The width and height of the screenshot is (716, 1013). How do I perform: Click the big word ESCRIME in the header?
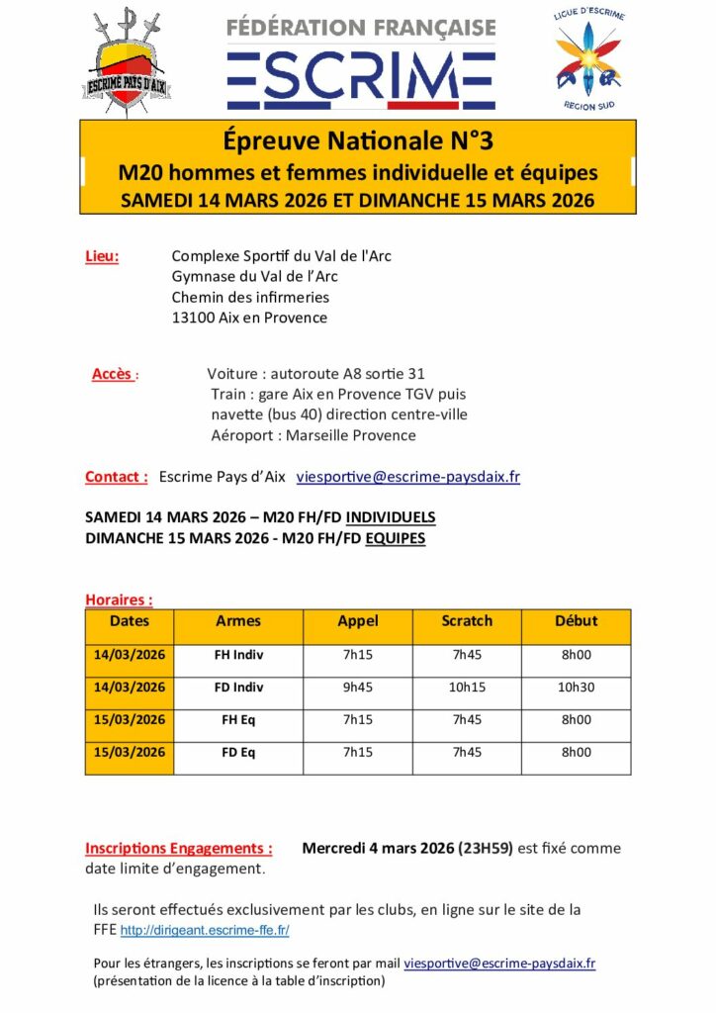click(360, 75)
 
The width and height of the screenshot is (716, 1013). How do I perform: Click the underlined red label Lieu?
click(102, 256)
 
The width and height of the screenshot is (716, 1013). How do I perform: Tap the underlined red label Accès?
click(112, 374)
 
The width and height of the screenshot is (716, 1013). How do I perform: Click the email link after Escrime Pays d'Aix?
click(408, 477)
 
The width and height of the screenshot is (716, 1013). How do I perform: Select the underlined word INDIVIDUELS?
click(391, 517)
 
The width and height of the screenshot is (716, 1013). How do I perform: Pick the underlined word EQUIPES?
click(395, 538)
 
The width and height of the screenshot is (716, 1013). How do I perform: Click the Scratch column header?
click(467, 621)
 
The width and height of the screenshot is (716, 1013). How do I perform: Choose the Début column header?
click(577, 621)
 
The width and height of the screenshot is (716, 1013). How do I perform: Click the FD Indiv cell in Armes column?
click(238, 688)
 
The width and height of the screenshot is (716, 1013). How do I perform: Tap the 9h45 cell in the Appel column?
click(357, 688)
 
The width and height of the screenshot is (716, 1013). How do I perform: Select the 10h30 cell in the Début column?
click(577, 688)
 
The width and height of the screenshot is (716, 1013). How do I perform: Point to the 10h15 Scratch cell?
click(467, 688)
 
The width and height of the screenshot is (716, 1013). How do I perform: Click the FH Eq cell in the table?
click(238, 720)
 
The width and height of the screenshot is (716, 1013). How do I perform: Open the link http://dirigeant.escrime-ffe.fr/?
click(205, 931)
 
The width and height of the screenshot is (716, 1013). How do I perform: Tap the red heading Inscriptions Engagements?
click(178, 848)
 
